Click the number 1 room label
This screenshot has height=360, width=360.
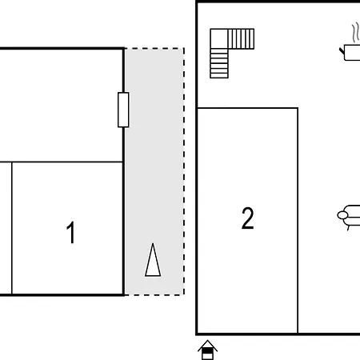[71, 233]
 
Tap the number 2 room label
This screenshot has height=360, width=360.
[247, 218]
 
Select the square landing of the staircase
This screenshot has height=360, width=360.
[219, 38]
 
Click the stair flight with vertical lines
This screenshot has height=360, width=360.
[241, 39]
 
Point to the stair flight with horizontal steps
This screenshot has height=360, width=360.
[219, 63]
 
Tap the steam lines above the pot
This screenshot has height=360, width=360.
[355, 33]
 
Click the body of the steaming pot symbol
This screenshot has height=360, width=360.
[352, 53]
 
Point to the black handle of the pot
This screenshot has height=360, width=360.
[342, 51]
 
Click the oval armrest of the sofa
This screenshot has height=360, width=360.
[342, 215]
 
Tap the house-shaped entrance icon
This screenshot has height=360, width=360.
[207, 350]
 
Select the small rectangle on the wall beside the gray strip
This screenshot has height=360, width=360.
[123, 110]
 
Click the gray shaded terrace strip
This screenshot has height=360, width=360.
[154, 172]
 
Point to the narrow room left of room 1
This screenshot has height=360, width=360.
[6, 228]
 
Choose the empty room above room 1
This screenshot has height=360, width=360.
[61, 106]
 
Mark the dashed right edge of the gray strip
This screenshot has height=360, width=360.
[184, 172]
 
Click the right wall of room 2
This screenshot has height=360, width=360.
[298, 221]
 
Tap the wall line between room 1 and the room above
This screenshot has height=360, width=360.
[61, 162]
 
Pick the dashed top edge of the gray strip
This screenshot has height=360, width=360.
[154, 49]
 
